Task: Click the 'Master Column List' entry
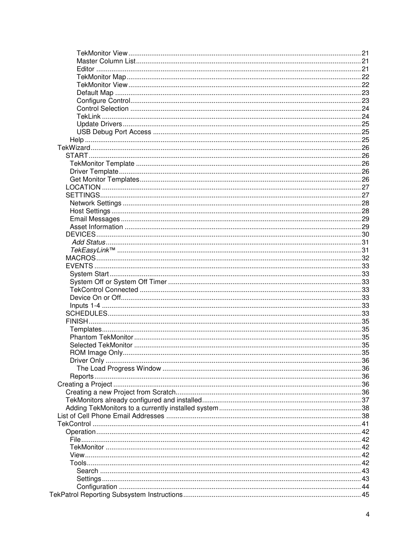106,61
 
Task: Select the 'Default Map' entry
95,93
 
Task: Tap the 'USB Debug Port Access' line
114,132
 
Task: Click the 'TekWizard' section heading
74,148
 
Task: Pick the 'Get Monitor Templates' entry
105,179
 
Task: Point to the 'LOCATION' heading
83,187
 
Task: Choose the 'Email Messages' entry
95,219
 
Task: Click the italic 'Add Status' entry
89,242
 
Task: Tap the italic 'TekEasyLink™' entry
93,250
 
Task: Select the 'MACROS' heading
80,258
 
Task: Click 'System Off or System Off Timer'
118,282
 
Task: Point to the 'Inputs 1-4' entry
85,306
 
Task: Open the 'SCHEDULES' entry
87,313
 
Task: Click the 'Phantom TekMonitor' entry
101,337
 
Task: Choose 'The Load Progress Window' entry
119,368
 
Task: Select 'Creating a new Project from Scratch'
121,392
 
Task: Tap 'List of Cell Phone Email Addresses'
111,416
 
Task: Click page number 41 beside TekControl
365,424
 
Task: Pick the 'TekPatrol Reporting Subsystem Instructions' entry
116,495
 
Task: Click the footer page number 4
368,514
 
